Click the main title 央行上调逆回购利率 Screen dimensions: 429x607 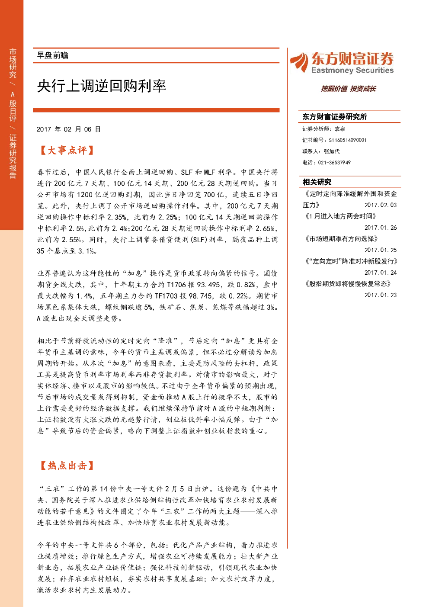click(x=102, y=86)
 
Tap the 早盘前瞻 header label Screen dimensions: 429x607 click(x=52, y=55)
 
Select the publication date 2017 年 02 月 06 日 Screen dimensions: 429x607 click(x=68, y=129)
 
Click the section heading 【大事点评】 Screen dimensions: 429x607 click(x=67, y=151)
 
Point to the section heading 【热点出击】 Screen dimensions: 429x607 click(x=67, y=466)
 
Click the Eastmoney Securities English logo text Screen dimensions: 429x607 click(x=352, y=70)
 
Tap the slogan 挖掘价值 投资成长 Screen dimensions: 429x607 click(x=348, y=89)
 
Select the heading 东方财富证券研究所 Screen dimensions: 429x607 click(x=334, y=117)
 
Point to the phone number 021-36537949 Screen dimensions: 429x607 click(x=334, y=163)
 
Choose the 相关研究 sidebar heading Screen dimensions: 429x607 click(x=317, y=182)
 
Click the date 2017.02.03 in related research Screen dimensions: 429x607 click(x=380, y=205)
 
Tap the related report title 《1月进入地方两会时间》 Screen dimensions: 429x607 click(x=340, y=216)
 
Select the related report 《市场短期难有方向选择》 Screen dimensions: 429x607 click(x=341, y=239)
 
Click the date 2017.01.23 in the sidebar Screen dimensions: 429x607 click(x=380, y=295)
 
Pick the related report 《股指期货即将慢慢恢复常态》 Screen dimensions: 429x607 click(x=347, y=284)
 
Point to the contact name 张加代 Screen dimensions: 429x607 click(x=332, y=151)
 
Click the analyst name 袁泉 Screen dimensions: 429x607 click(x=340, y=129)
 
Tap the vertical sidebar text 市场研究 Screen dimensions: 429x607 click(x=13, y=63)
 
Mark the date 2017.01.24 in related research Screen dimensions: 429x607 click(x=380, y=273)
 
